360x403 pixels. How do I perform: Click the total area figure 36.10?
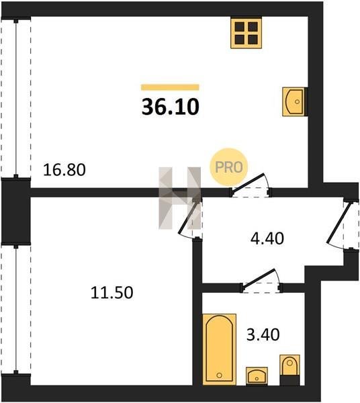(171, 107)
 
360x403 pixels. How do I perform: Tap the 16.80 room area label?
(64, 170)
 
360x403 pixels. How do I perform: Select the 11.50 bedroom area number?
(111, 292)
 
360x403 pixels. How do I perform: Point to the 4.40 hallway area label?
(267, 238)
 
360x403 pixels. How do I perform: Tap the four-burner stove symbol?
(246, 33)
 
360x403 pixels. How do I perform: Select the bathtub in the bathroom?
(219, 349)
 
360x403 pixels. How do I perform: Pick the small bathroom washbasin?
(257, 376)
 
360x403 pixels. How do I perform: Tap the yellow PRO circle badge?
(228, 167)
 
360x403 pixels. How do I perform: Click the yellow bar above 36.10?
(170, 87)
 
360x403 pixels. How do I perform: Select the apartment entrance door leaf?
(339, 222)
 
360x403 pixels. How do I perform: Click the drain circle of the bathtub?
(219, 375)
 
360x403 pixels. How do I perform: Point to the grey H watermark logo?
(180, 198)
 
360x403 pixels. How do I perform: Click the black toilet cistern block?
(289, 380)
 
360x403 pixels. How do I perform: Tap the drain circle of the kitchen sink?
(298, 102)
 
